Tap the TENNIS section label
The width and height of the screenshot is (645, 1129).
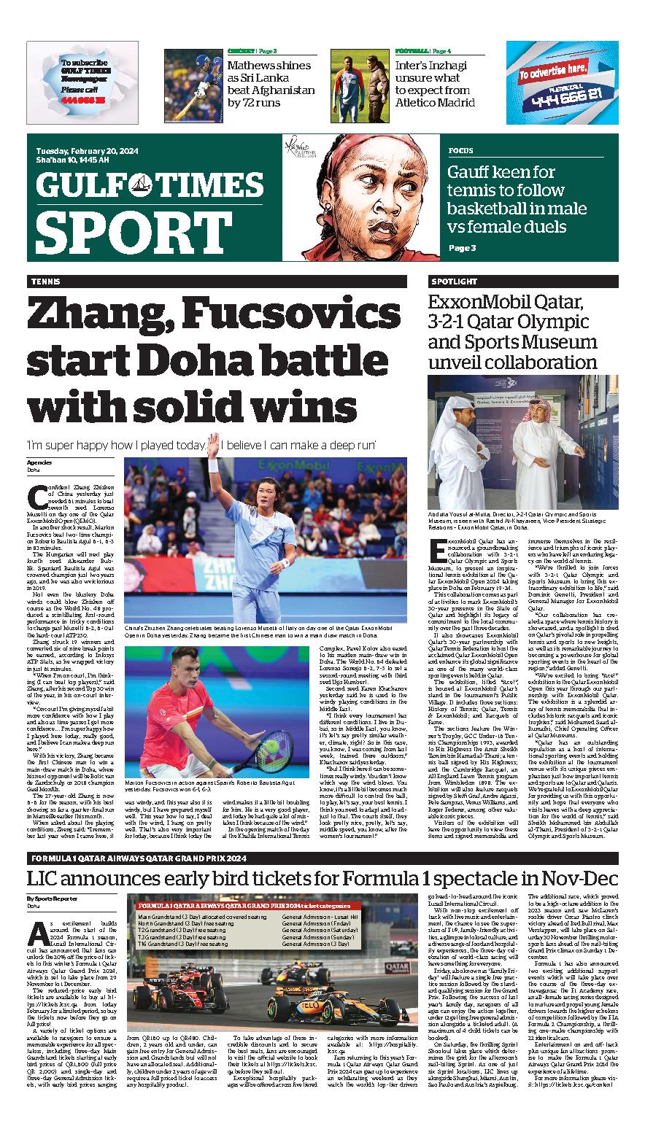(45, 282)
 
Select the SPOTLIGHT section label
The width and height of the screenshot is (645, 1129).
(449, 282)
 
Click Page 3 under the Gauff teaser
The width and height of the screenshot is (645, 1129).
(462, 248)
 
